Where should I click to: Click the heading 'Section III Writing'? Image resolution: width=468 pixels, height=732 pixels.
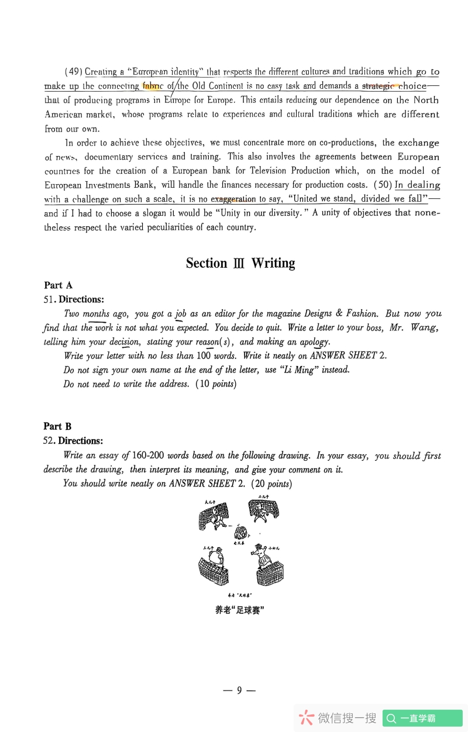coord(240,263)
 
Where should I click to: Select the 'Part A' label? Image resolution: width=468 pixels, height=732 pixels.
coord(58,285)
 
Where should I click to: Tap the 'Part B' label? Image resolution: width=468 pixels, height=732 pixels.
coord(57,426)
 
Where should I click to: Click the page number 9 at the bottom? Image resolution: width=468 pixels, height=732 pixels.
coord(239,690)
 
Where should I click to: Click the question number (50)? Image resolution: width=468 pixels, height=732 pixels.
coord(383,185)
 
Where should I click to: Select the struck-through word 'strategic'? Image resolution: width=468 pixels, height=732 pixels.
coord(378,86)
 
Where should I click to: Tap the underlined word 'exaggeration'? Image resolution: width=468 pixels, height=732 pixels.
coord(233,199)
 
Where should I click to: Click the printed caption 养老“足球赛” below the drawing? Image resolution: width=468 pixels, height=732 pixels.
coord(240,610)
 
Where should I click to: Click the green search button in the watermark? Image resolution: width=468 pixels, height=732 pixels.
coord(422,719)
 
